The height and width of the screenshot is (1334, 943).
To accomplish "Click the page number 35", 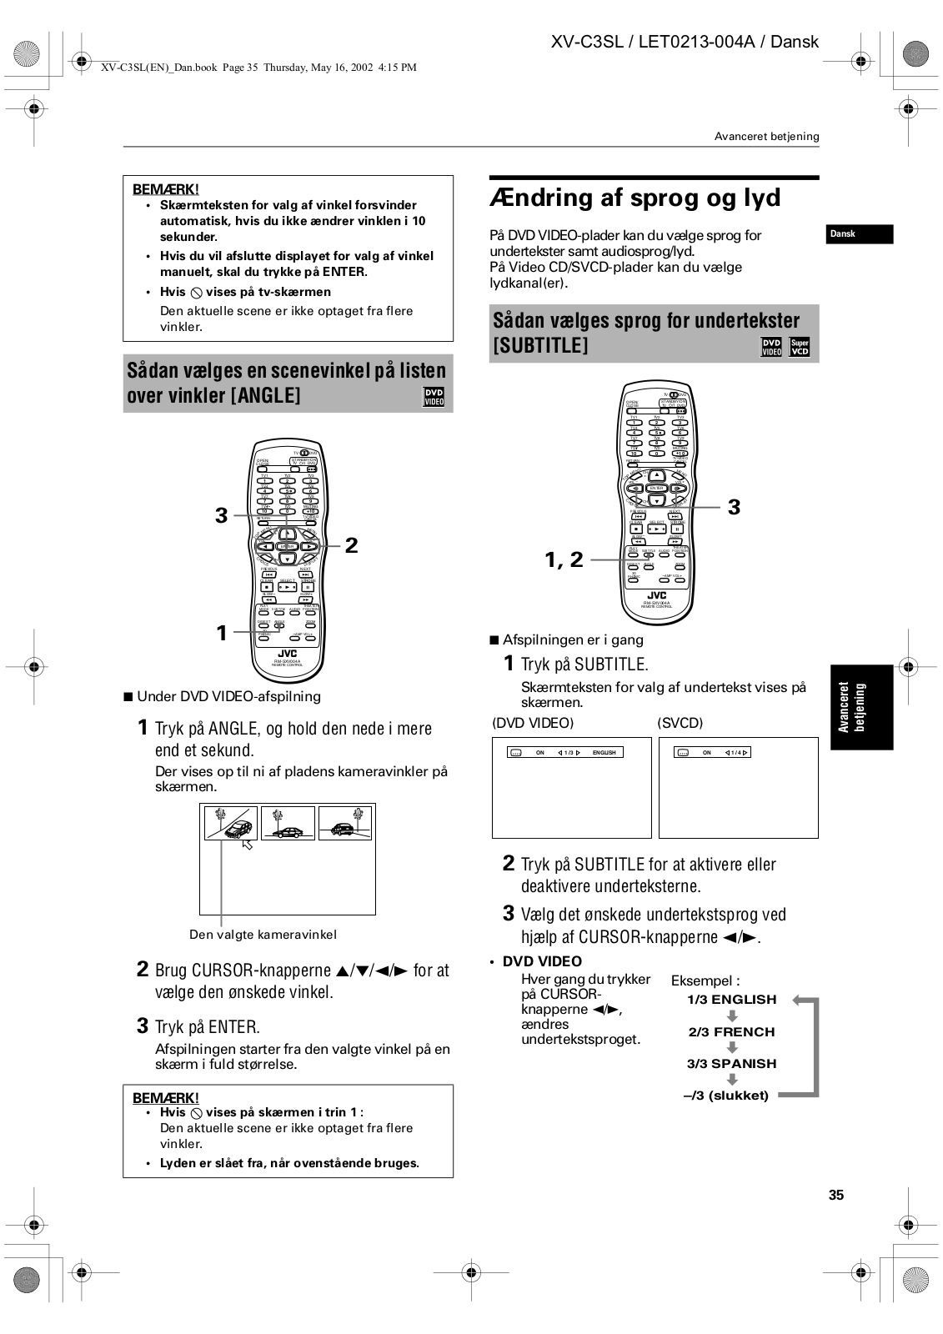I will point(836,1195).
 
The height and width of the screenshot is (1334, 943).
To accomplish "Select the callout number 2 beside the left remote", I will point(351,545).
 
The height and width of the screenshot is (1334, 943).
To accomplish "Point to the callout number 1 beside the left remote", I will point(222,633).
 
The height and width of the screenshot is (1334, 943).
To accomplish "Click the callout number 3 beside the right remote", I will point(734,507).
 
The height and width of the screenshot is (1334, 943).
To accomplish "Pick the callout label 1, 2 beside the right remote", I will point(564,560).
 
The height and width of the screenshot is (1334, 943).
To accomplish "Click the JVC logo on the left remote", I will point(287,654).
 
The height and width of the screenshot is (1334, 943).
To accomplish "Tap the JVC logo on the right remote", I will point(657,595).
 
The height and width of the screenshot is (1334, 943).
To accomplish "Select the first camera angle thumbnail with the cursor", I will point(231,823).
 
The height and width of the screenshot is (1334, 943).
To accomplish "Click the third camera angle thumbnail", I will point(345,823).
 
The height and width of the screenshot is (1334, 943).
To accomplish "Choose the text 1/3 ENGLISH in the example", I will point(731,1000).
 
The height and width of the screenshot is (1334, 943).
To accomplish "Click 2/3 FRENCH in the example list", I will point(731,1032).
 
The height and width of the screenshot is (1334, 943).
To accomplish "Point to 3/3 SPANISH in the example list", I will point(731,1064).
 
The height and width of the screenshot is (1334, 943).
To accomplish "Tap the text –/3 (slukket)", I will point(726,1096).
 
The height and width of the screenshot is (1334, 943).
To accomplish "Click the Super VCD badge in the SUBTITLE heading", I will point(800,347).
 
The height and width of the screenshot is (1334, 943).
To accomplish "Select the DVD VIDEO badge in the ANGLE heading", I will point(434,397).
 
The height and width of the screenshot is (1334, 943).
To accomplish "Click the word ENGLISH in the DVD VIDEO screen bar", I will point(604,753).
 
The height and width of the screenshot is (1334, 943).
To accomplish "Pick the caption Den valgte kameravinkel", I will point(263,935).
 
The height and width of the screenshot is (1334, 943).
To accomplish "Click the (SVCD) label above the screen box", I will point(680,723).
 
